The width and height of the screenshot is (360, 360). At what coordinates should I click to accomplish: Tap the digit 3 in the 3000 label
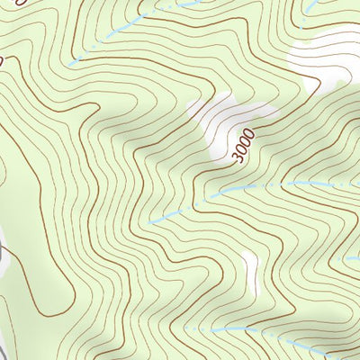[238, 160]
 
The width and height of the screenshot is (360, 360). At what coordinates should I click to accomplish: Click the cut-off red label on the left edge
[3, 61]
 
